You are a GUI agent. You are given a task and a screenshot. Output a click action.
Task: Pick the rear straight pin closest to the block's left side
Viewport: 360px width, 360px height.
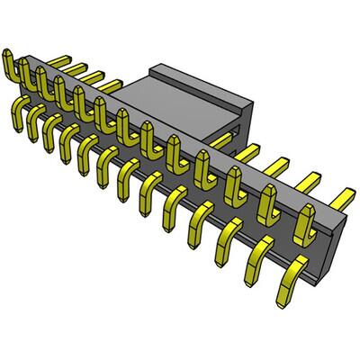(x=110, y=85)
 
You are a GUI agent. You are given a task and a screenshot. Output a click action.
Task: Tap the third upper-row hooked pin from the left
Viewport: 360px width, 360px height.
(x=43, y=83)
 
